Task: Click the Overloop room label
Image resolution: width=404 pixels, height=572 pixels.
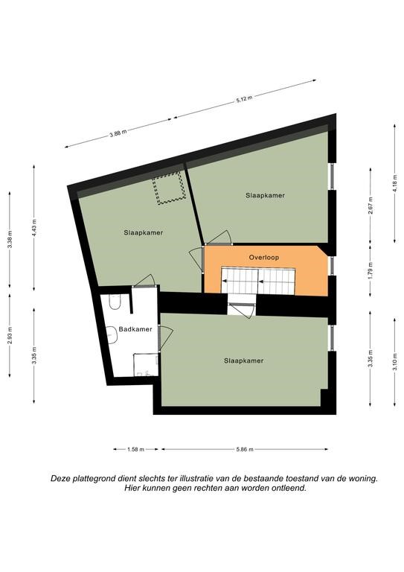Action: tap(263, 258)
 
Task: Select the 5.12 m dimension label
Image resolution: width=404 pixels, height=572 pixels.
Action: tap(245, 99)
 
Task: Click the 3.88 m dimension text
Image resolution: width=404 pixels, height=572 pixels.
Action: tap(118, 133)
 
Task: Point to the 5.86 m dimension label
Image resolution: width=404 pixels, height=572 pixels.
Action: tap(245, 449)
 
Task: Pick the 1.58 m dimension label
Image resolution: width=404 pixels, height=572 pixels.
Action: tap(136, 449)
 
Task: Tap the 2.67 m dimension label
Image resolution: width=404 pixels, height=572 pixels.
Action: tap(371, 206)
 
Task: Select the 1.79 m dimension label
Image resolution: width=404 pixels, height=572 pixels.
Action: tap(371, 270)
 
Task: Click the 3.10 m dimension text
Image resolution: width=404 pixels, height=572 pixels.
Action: tap(395, 361)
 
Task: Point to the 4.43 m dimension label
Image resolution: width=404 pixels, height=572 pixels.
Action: tap(34, 227)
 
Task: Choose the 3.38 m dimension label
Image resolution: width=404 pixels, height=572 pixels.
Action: tap(10, 240)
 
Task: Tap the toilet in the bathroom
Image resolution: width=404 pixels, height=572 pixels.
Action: tap(115, 302)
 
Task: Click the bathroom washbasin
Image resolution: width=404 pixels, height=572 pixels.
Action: tap(112, 334)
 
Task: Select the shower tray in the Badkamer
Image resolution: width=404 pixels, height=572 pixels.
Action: tap(146, 364)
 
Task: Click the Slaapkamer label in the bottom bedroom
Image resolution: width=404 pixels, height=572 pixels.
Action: tap(244, 360)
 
